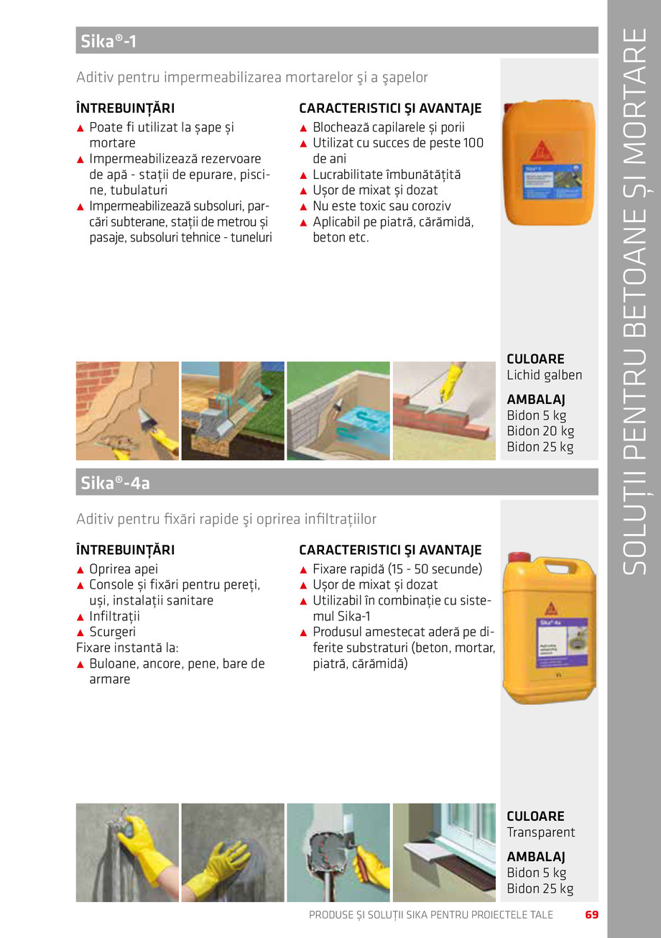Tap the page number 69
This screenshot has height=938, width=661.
pos(591,915)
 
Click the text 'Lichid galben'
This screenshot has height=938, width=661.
pos(544,375)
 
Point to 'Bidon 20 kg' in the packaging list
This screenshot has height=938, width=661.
pos(540,431)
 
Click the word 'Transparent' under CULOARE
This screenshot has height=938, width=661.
pos(540,832)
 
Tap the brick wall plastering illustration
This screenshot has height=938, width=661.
pos(127,410)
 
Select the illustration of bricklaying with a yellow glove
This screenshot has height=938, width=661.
pos(444,410)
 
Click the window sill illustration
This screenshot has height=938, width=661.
pos(444,852)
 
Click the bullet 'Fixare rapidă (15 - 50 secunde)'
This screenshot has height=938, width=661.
pos(397,569)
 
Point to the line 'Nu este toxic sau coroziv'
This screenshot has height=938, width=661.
pos(382,206)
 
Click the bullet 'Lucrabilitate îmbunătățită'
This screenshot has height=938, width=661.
pos(387,175)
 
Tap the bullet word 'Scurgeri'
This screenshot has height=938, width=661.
pos(112,633)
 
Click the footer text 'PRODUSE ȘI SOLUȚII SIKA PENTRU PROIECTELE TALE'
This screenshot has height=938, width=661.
pos(430,915)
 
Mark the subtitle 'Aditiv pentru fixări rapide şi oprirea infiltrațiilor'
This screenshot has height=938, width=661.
pos(226,519)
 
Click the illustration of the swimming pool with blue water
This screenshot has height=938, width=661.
pos(338,410)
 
